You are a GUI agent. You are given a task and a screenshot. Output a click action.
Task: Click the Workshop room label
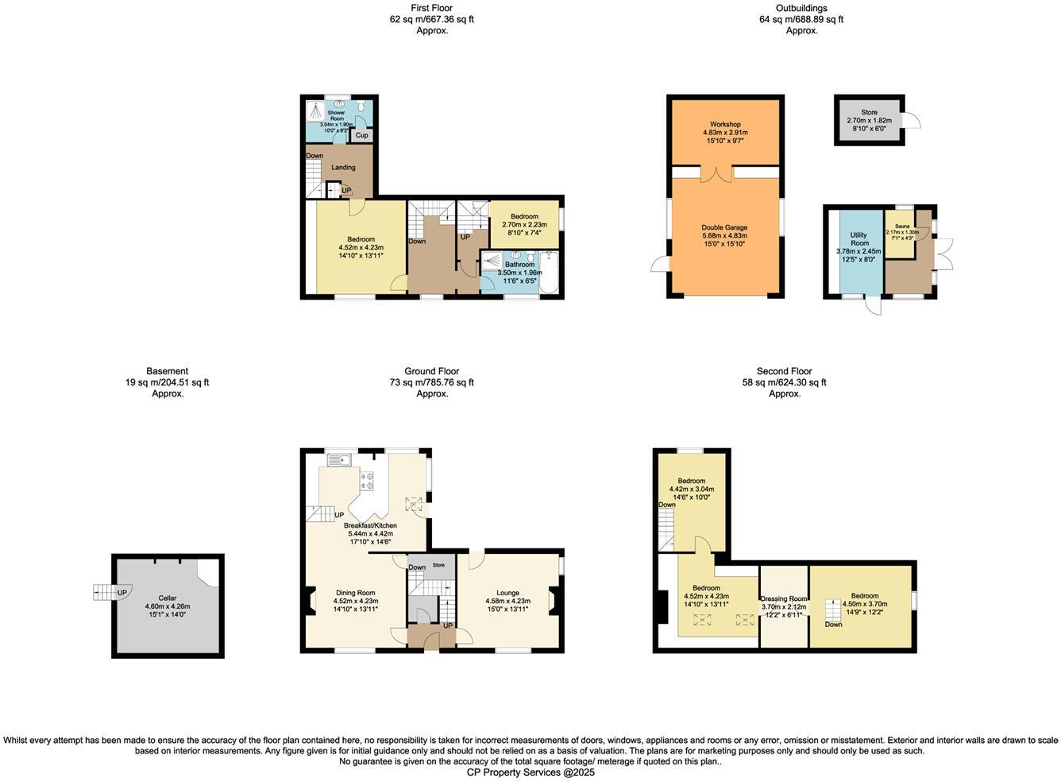(x=725, y=125)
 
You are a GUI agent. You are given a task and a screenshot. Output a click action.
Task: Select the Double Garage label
(x=724, y=227)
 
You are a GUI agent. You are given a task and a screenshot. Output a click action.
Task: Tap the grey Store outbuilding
(x=869, y=120)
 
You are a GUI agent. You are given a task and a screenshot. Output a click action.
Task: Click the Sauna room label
(x=901, y=226)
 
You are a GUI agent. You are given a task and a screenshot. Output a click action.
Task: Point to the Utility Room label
(x=858, y=239)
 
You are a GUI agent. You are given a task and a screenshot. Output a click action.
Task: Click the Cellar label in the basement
(x=168, y=598)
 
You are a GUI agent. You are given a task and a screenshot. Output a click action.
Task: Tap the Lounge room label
(x=507, y=593)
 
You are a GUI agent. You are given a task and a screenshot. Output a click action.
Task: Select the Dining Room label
(x=355, y=593)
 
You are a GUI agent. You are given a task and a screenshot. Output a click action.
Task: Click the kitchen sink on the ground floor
(x=340, y=459)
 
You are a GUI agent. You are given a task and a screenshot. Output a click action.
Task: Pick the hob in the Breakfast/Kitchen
(x=368, y=479)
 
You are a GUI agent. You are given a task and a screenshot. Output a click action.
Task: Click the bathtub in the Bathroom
(x=550, y=274)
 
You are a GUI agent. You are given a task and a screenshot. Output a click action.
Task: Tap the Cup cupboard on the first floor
(x=361, y=136)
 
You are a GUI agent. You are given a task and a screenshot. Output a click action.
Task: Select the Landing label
(x=343, y=168)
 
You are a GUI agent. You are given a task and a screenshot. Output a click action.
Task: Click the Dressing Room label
(x=784, y=598)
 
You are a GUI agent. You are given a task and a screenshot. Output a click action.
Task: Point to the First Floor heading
(x=432, y=8)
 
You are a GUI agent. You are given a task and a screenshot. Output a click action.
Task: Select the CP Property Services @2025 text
(x=530, y=772)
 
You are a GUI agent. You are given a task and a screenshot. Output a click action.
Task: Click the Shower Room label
(x=337, y=115)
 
